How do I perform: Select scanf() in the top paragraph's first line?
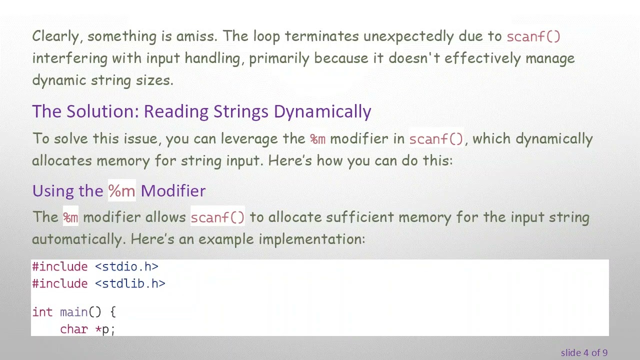click(533, 37)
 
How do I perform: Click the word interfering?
click(69, 58)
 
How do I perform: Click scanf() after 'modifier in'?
click(436, 139)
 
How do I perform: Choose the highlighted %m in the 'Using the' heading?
click(121, 191)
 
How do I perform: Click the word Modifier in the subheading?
click(173, 191)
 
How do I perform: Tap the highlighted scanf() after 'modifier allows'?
click(217, 217)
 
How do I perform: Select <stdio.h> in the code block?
click(126, 267)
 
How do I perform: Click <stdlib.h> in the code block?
click(130, 284)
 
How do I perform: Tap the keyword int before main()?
click(42, 312)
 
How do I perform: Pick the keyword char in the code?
click(73, 329)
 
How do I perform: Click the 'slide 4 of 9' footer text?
click(584, 353)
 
